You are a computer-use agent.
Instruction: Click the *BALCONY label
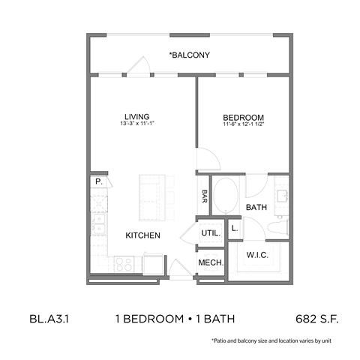[188, 55]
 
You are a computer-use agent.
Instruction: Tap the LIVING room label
[137, 117]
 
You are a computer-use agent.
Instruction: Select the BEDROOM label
[244, 117]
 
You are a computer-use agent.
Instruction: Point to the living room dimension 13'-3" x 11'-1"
[137, 124]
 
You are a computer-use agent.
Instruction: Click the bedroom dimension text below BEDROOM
[244, 124]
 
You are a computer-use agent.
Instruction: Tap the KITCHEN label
[142, 235]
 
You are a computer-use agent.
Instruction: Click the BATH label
[257, 208]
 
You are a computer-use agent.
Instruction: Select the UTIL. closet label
[210, 233]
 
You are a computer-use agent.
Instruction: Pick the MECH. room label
[210, 263]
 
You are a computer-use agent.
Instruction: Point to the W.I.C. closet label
[257, 256]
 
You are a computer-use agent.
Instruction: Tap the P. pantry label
[98, 182]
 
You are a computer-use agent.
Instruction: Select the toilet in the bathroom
[280, 226]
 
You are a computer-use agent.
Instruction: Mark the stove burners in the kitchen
[125, 264]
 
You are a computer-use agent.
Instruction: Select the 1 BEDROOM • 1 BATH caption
[176, 319]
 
